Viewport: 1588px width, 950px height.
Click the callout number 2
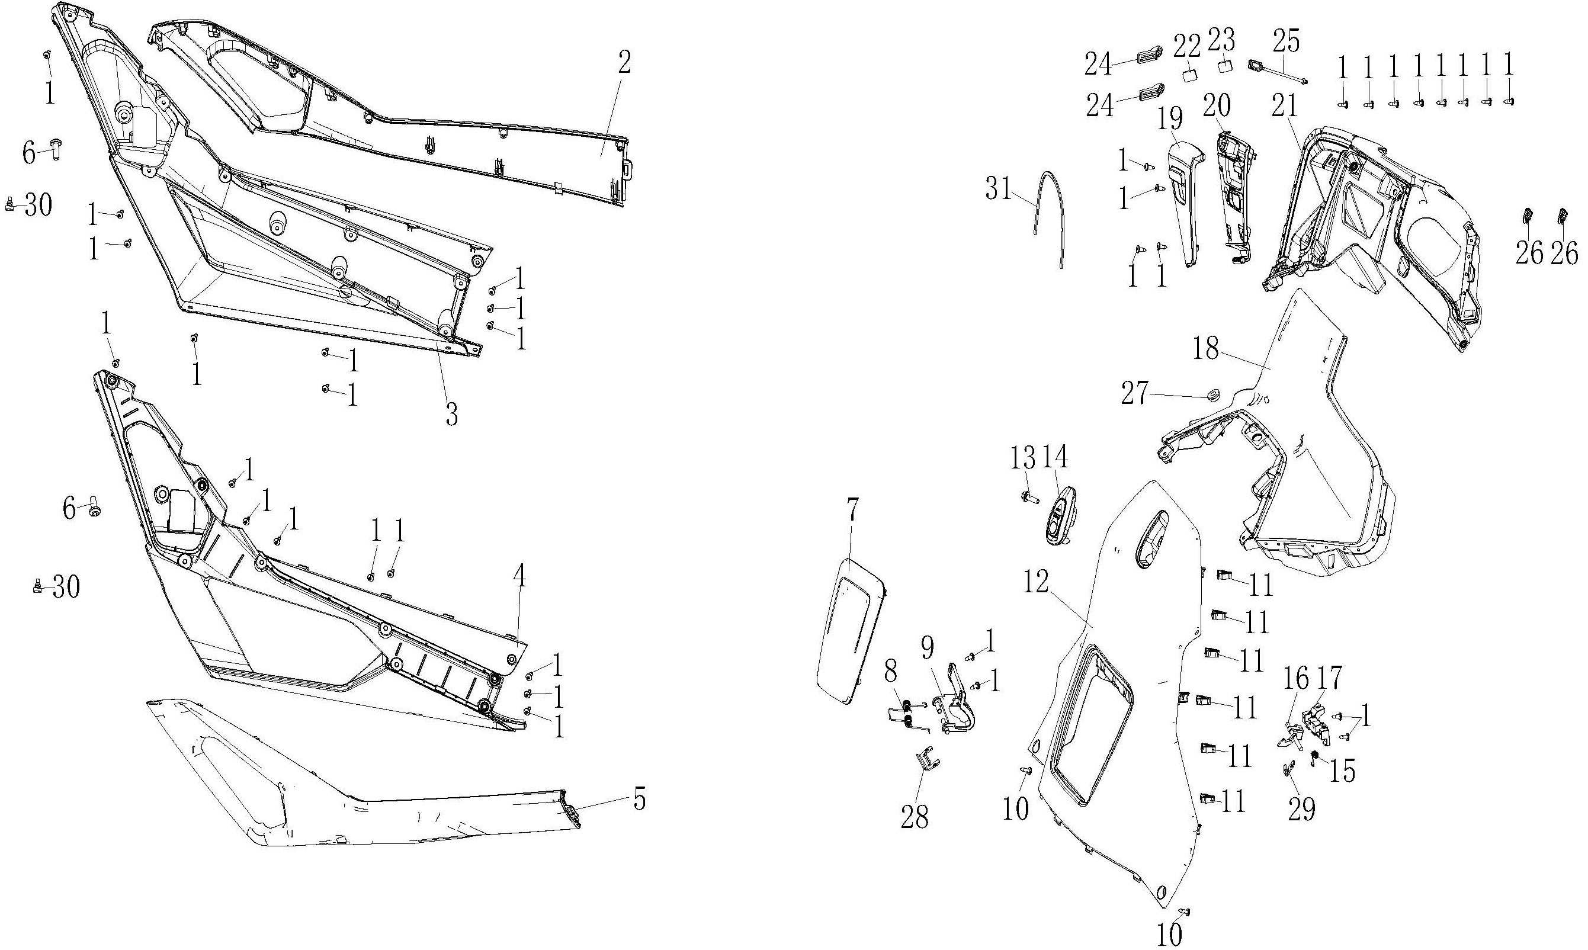point(625,63)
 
